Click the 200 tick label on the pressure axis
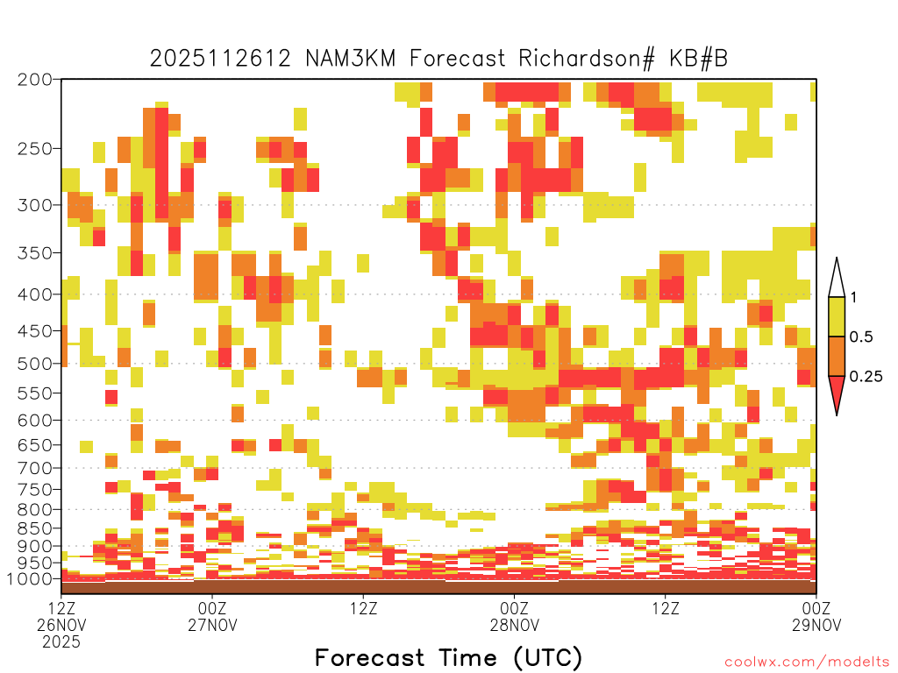click(34, 80)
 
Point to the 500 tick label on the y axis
click(34, 364)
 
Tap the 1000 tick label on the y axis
click(30, 578)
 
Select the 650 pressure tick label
click(34, 444)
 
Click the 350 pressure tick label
click(34, 252)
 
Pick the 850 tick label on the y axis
click(34, 528)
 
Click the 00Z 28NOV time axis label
click(514, 616)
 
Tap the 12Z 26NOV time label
click(61, 625)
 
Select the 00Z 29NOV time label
click(816, 616)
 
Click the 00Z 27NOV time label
click(212, 616)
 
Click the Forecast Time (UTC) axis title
click(448, 657)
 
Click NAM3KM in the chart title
click(351, 59)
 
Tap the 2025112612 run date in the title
click(220, 59)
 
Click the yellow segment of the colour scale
click(837, 316)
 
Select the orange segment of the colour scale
click(837, 356)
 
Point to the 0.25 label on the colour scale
click(866, 377)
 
